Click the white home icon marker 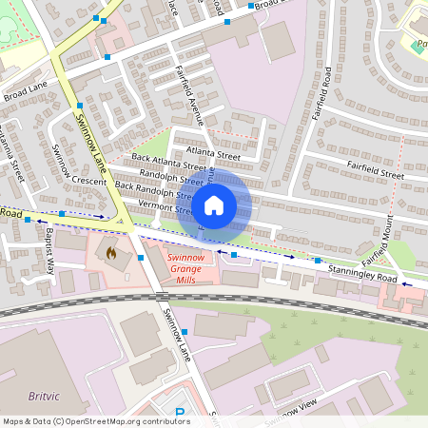click(x=214, y=204)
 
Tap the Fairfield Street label click(x=376, y=173)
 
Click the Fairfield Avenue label click(x=191, y=95)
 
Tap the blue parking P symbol click(x=180, y=413)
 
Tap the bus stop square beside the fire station click(x=140, y=257)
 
